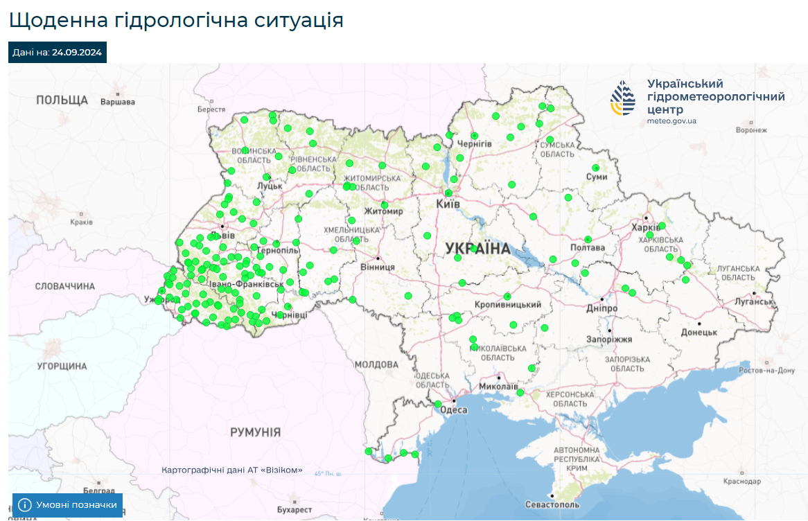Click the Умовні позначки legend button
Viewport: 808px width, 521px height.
[x=67, y=505]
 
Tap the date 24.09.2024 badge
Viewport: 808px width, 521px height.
[x=58, y=52]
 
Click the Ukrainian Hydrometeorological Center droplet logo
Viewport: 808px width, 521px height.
[x=622, y=98]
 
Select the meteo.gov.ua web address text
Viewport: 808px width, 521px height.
[x=671, y=121]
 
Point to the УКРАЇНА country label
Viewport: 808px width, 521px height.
[x=477, y=248]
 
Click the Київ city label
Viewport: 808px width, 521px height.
[x=448, y=204]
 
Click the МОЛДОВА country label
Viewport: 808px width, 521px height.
[x=376, y=364]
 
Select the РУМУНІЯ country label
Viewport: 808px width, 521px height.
[x=256, y=432]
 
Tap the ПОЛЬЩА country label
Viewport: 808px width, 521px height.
[x=62, y=100]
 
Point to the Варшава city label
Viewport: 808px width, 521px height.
[x=118, y=102]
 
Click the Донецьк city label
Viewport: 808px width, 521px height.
[x=699, y=333]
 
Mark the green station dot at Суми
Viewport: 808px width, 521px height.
[x=596, y=168]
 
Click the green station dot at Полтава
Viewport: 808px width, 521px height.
[x=588, y=240]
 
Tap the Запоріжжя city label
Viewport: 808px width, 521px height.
[x=609, y=339]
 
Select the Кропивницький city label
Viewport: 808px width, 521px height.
[x=508, y=305]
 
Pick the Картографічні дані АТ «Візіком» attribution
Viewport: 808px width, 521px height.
[x=231, y=470]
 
